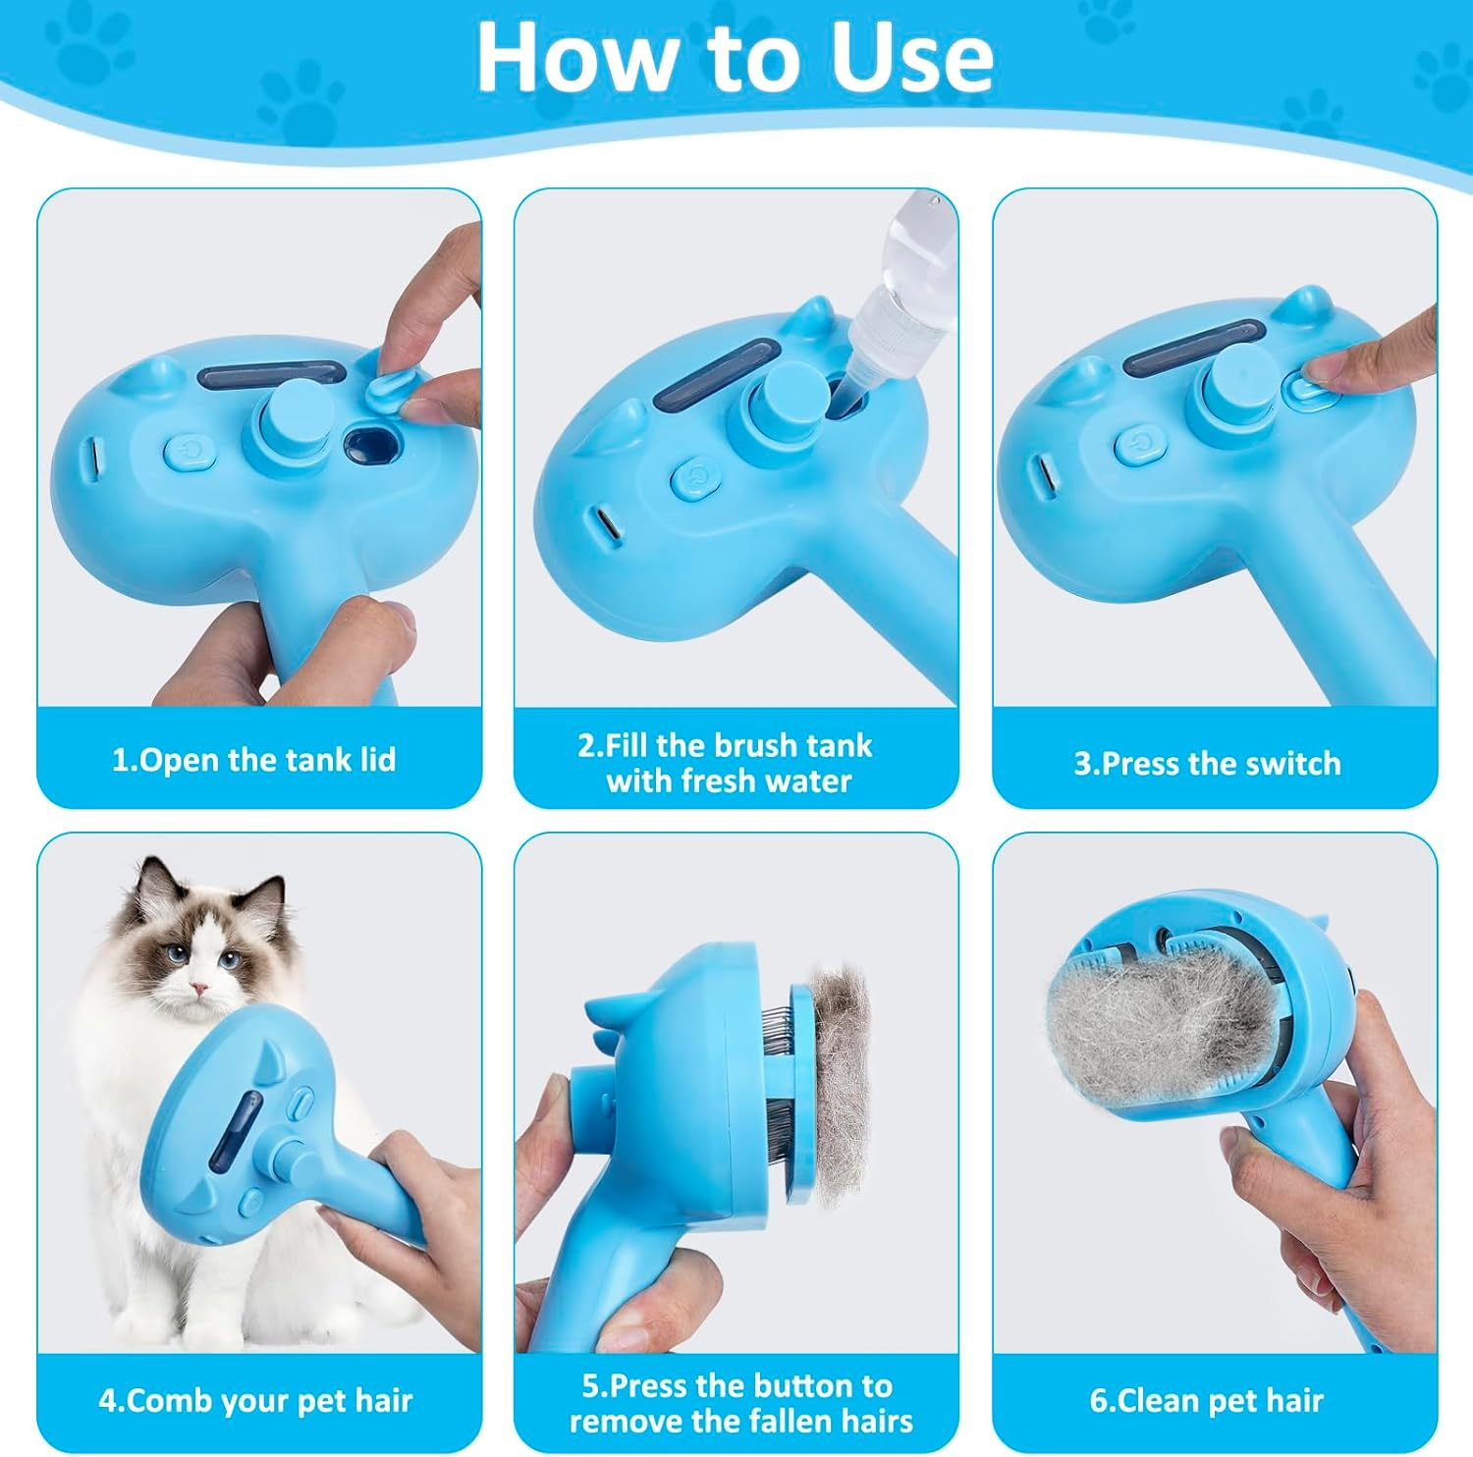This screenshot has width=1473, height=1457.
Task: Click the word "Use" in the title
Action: coord(910,57)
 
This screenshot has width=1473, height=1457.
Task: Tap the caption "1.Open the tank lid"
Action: coord(253,760)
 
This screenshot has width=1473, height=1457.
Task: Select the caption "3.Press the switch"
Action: coord(1207,764)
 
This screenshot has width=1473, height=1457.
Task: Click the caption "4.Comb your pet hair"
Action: coord(255,1400)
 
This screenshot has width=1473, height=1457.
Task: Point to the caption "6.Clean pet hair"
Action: coord(1207,1400)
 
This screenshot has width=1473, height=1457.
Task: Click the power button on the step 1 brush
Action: coord(189,451)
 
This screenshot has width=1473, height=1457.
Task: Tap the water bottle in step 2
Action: coord(901,285)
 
